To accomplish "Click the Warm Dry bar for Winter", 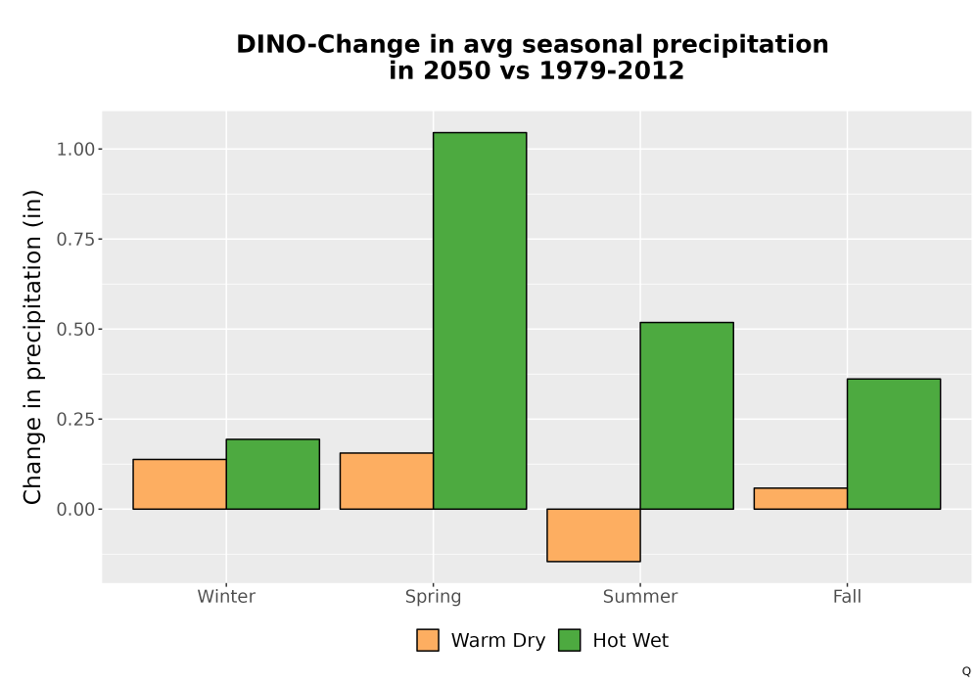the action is [x=180, y=484].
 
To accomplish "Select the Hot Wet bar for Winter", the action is [x=273, y=475].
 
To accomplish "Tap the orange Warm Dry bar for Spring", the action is [x=387, y=481].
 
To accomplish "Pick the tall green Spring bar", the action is [x=480, y=321].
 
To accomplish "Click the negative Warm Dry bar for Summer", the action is [x=594, y=535].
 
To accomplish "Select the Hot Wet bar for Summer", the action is [x=687, y=416].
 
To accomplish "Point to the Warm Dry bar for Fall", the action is [x=801, y=498].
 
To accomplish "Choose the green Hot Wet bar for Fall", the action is [x=894, y=444].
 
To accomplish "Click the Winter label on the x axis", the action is [x=226, y=596].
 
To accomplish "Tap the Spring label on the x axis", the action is [x=434, y=597].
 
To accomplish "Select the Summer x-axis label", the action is [x=640, y=596].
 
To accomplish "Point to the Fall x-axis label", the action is [x=847, y=596].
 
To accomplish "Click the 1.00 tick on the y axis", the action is [x=75, y=149].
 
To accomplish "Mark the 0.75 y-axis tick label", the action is [x=75, y=239].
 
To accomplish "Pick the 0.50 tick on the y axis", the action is [x=75, y=329].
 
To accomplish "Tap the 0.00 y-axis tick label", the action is [x=75, y=509].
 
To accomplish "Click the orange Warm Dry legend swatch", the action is [x=428, y=640].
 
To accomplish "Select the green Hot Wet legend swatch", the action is [x=569, y=640].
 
